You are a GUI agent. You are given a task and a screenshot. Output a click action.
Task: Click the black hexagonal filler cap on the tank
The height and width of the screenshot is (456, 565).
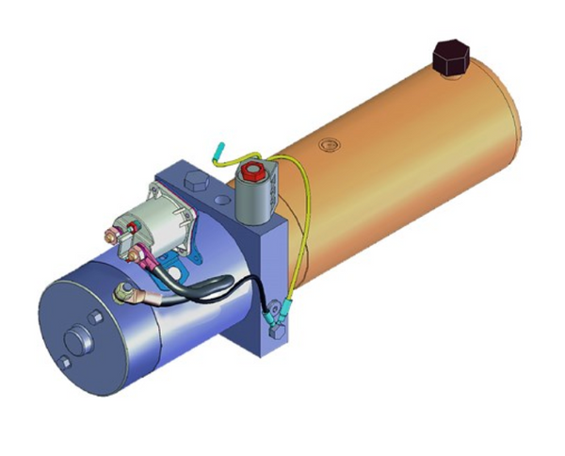(x=449, y=57)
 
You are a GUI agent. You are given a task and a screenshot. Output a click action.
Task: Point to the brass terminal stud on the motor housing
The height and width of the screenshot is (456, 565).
(x=121, y=295)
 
